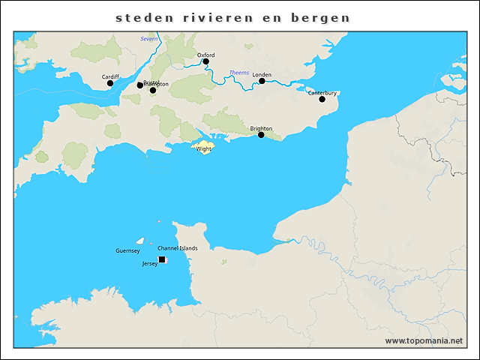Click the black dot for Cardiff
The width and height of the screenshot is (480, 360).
point(110,83)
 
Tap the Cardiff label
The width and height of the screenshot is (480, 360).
point(110,76)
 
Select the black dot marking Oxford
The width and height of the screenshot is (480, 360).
point(205,61)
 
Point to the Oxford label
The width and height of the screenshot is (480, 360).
point(205,55)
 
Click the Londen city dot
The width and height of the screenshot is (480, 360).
point(262,81)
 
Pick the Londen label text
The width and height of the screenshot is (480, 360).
point(262,75)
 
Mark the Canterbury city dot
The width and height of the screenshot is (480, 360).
point(322,99)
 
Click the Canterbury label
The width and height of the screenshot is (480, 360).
point(322,93)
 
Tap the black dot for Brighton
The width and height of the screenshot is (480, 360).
point(261,135)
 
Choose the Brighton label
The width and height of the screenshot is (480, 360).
point(261,128)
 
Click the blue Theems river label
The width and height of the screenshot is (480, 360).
point(238,73)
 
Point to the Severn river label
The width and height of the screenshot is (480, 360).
point(149,38)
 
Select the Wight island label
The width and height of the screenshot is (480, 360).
point(203,149)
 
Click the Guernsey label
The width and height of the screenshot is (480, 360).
point(127,250)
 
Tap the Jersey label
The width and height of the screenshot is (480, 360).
point(149,264)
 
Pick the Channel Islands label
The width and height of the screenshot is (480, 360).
point(178,248)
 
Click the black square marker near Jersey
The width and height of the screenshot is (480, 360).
point(162,259)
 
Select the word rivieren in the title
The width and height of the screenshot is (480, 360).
point(221,17)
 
